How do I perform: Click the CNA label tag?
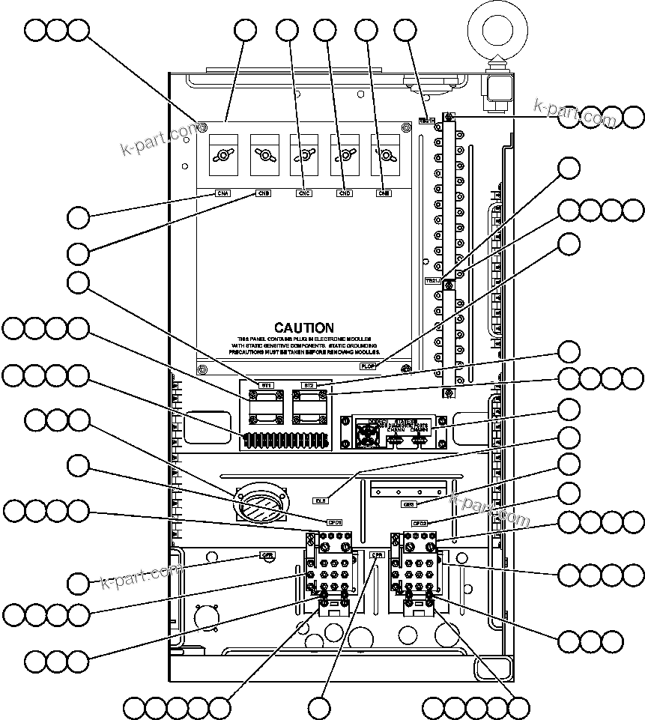[x=223, y=193]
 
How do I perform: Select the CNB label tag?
[x=264, y=193]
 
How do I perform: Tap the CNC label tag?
[x=304, y=193]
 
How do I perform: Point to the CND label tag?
[x=345, y=193]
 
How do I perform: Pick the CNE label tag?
[x=384, y=193]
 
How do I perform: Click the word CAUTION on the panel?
[x=303, y=328]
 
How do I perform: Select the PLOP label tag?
[x=368, y=366]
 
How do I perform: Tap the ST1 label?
[x=266, y=385]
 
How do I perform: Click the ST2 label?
[x=309, y=385]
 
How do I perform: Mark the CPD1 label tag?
[x=334, y=522]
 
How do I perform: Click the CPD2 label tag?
[x=420, y=522]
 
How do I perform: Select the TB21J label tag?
[x=432, y=281]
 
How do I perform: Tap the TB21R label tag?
[x=426, y=120]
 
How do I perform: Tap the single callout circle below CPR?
[x=320, y=707]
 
